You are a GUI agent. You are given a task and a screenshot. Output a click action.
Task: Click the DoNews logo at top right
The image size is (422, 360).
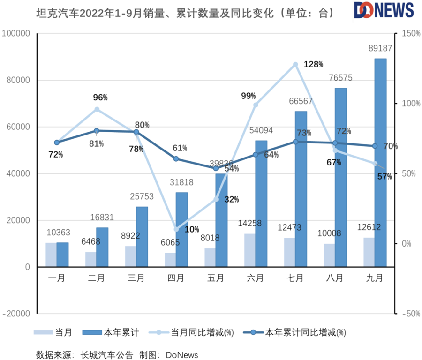(x=384, y=10)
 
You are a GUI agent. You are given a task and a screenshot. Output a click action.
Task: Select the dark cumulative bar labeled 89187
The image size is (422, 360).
(x=380, y=163)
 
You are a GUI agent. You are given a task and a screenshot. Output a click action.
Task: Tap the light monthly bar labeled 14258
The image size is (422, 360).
(x=249, y=250)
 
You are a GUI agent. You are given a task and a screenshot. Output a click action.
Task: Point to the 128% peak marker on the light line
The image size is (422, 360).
(x=295, y=64)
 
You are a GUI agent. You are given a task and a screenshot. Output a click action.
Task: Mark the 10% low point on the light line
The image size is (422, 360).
(x=176, y=229)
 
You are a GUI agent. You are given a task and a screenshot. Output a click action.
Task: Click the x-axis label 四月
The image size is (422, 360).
(x=176, y=277)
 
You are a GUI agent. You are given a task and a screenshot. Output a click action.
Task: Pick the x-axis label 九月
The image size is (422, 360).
(x=375, y=277)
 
